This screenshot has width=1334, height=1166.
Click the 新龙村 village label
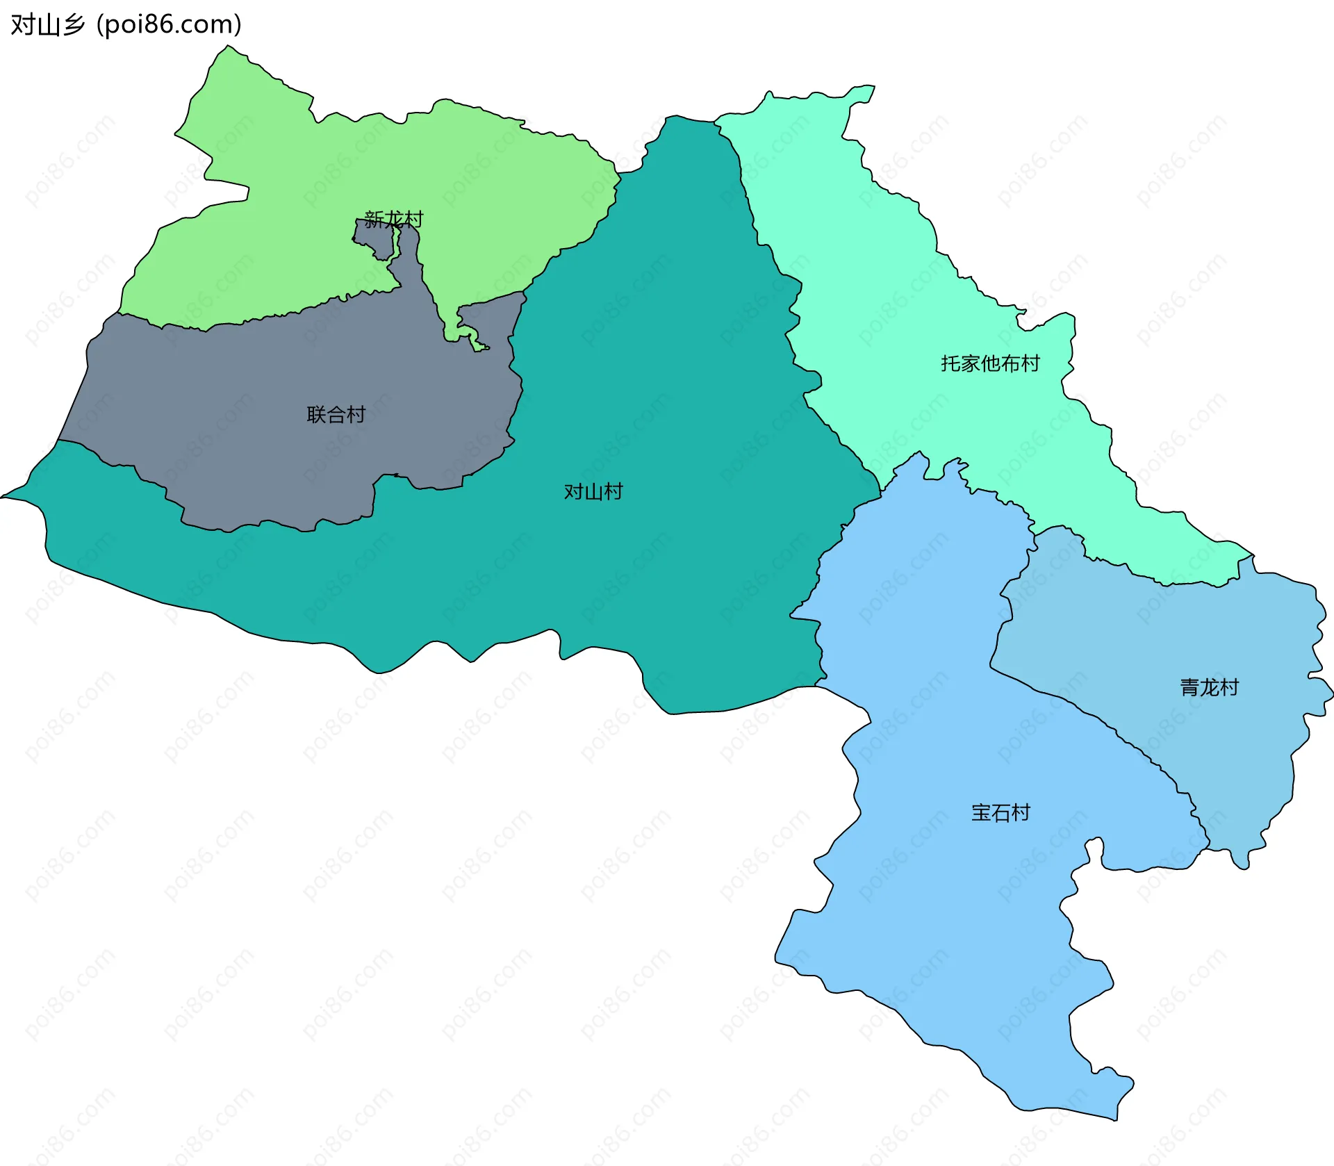[x=393, y=219]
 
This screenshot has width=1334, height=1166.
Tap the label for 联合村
[x=336, y=415]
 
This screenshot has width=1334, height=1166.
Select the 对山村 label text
[x=593, y=492]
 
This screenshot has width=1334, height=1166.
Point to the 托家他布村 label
[x=990, y=363]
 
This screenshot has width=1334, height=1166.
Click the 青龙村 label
[x=1210, y=688]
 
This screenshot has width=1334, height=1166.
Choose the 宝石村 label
[x=1000, y=812]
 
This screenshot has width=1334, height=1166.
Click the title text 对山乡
[x=47, y=25]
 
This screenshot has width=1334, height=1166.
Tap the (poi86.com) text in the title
[x=170, y=25]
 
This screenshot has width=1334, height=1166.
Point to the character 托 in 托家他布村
[x=950, y=363]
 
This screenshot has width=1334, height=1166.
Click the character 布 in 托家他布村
[x=1010, y=363]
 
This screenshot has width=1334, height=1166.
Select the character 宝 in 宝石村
[x=981, y=812]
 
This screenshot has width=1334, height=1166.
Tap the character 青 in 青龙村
[x=1190, y=688]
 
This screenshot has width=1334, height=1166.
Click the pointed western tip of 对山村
[x=6, y=496]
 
